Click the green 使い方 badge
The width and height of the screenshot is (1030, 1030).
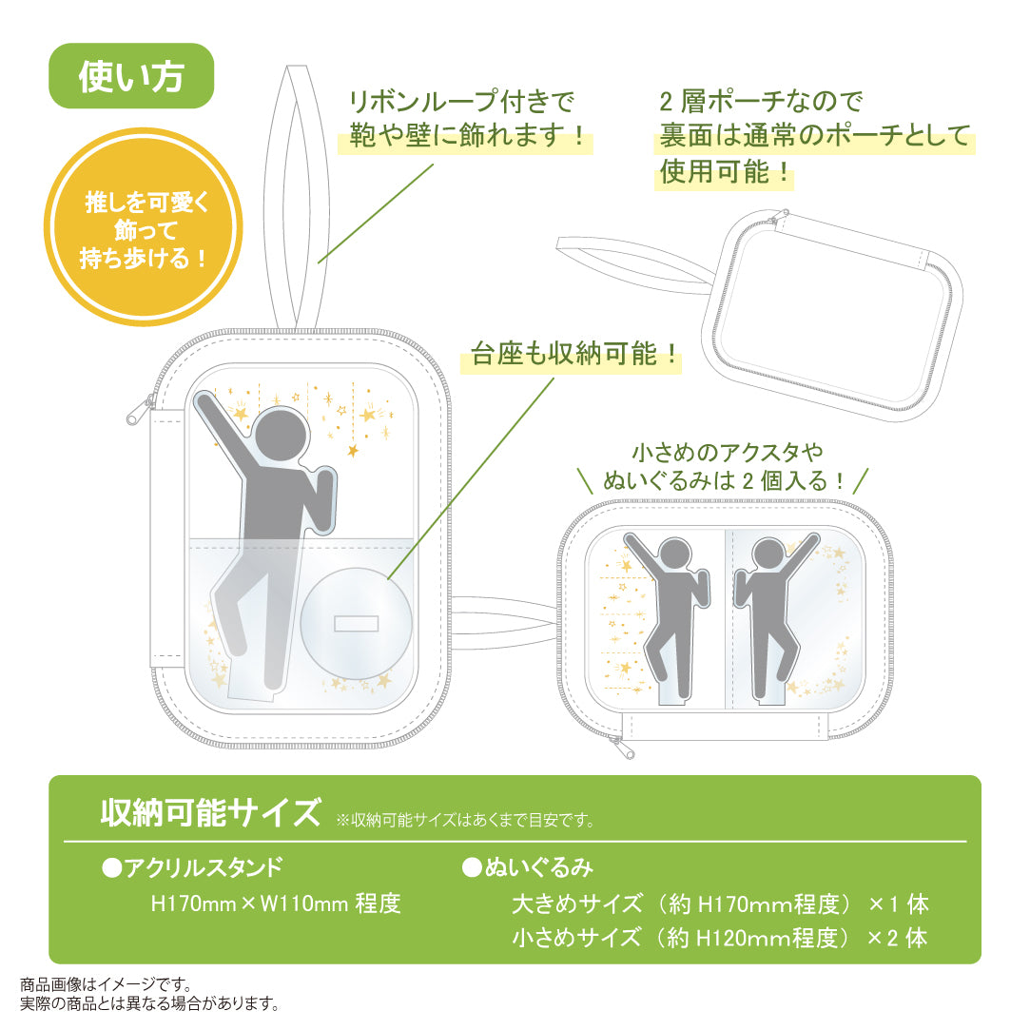tap(131, 76)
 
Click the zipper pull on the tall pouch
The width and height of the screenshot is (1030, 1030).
tap(136, 414)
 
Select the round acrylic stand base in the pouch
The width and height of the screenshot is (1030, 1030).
tap(357, 623)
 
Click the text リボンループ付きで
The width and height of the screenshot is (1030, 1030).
tap(463, 102)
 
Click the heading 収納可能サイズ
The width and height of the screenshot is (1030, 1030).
tap(210, 814)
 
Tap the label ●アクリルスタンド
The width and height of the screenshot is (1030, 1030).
tap(191, 867)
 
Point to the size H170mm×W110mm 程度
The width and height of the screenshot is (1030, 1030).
tap(276, 904)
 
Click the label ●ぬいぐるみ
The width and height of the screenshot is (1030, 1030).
tap(528, 867)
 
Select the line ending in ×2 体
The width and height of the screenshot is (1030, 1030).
tap(719, 938)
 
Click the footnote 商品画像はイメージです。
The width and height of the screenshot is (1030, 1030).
tap(107, 984)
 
